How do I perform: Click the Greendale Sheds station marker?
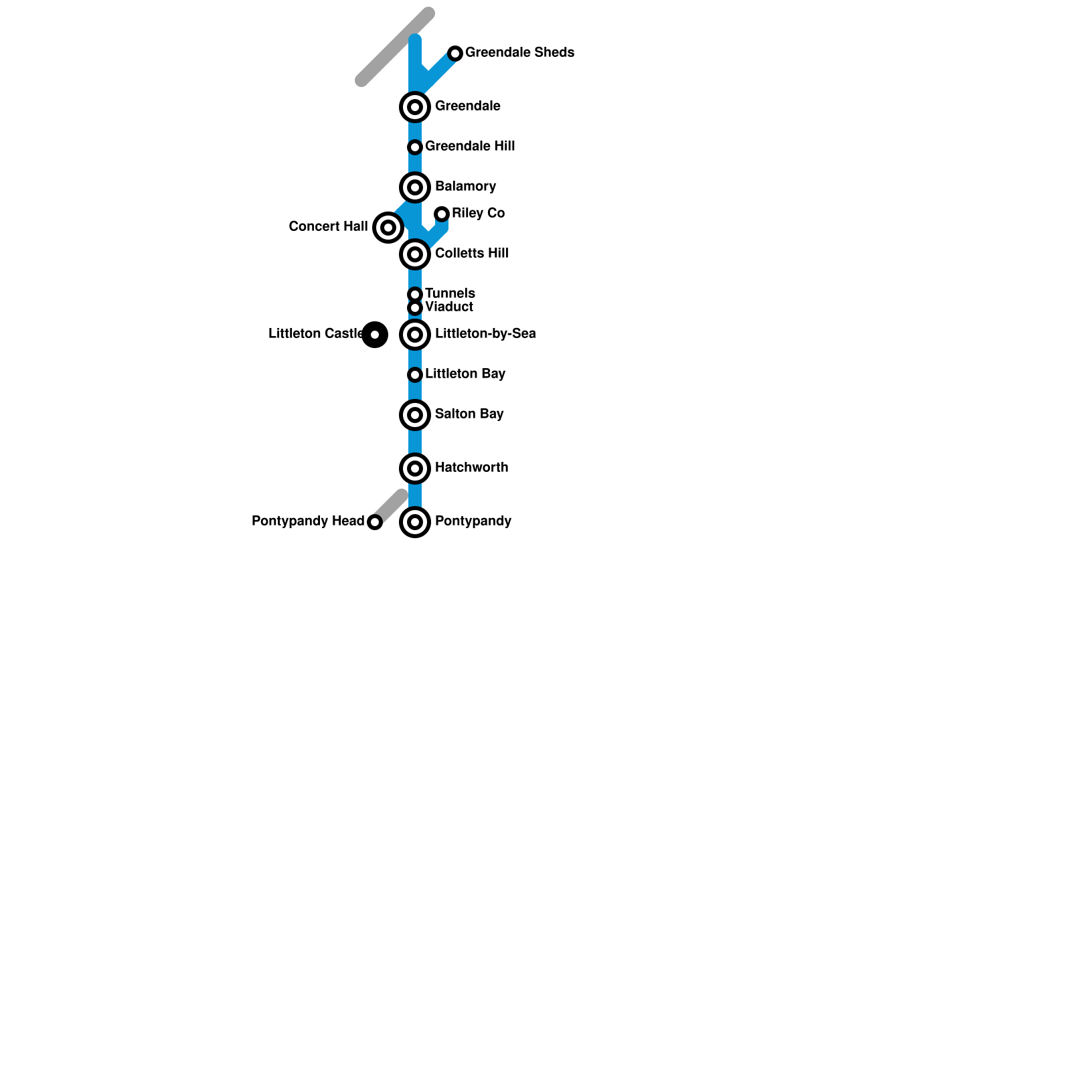pos(455,54)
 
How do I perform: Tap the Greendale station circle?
pos(415,107)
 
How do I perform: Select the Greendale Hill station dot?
pos(415,147)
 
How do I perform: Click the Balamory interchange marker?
pos(415,187)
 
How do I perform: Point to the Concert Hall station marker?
pos(388,228)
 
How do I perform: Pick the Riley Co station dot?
pos(442,214)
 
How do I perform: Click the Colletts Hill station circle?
pos(415,254)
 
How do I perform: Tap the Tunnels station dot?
pos(415,295)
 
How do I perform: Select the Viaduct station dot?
pos(415,308)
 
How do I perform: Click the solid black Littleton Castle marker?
pos(375,335)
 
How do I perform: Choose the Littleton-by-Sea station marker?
pos(415,335)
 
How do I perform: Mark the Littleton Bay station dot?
pos(415,375)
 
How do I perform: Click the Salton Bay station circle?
pos(415,415)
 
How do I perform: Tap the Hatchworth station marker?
pos(415,469)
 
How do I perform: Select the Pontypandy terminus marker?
pos(415,522)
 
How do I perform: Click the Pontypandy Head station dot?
pos(375,522)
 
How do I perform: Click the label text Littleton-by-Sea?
pos(485,333)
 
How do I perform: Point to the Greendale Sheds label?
pos(519,52)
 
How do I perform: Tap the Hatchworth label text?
pos(471,467)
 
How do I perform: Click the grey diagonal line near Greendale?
pos(395,47)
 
